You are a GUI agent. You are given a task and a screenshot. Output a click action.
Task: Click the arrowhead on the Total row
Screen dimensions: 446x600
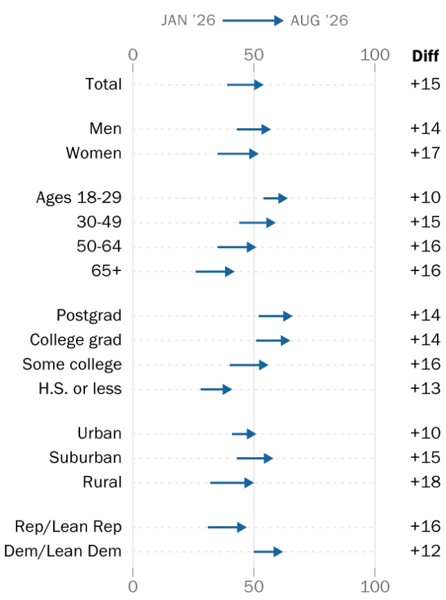point(259,84)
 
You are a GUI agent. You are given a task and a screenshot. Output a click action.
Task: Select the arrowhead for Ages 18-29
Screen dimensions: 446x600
point(283,198)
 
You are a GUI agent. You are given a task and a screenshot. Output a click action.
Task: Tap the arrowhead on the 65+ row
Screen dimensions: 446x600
point(230,272)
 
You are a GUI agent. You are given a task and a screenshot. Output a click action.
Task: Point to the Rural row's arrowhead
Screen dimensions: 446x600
point(249,483)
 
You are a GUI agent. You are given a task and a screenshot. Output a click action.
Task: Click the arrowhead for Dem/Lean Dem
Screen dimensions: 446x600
point(278,552)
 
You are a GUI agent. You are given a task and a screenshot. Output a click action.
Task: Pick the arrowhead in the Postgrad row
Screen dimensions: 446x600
point(288,316)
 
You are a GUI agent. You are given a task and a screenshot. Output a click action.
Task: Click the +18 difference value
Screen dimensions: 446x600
point(425,482)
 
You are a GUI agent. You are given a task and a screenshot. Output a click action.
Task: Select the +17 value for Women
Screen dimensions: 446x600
point(425,153)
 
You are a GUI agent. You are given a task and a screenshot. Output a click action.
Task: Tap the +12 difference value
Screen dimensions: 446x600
point(425,551)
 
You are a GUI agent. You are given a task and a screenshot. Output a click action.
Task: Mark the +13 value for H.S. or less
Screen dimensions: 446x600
point(425,389)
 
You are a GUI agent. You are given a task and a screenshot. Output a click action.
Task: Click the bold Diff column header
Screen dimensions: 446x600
point(425,56)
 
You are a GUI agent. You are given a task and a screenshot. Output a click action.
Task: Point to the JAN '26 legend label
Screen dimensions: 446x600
point(188,20)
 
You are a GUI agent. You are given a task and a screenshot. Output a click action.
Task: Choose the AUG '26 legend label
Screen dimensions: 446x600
point(319,20)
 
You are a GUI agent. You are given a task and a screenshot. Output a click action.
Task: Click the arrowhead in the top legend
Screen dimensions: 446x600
point(279,20)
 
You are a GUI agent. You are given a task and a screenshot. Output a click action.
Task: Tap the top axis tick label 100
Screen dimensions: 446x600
point(375,55)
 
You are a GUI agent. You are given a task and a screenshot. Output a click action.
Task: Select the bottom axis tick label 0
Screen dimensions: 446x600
point(132,587)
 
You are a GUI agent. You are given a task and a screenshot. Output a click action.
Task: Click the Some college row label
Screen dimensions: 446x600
point(72,364)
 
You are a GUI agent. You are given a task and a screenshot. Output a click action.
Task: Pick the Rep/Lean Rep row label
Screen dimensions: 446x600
point(68,527)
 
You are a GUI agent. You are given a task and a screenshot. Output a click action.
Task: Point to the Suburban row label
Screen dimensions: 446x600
point(85,458)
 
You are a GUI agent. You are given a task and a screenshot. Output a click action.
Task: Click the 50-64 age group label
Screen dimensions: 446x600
point(99,247)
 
